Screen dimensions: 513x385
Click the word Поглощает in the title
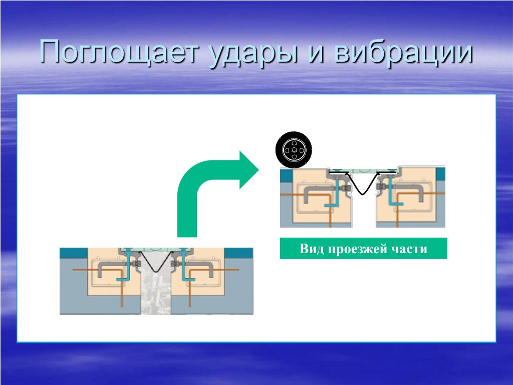coord(120,52)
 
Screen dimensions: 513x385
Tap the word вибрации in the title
coord(404,52)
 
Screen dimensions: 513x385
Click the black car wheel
coord(294,150)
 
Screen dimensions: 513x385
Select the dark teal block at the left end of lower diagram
coord(73,253)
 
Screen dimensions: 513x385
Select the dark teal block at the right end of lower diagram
coord(238,253)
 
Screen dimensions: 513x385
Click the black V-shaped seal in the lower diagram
coord(156,261)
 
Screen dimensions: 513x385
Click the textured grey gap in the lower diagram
coord(156,291)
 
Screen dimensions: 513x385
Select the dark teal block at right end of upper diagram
coord(440,173)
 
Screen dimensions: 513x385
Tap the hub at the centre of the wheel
coord(294,150)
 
